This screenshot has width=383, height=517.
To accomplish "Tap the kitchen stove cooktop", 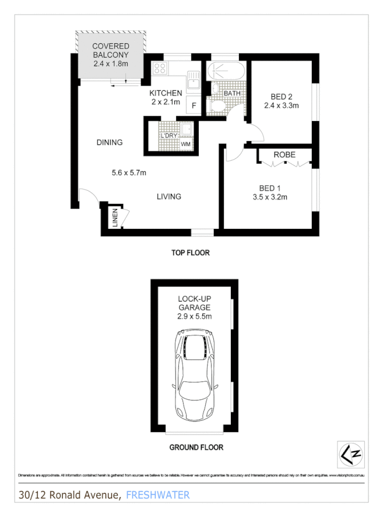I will (159, 69).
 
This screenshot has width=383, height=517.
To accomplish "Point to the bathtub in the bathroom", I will (223, 71).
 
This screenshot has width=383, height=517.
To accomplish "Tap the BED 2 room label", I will (281, 97).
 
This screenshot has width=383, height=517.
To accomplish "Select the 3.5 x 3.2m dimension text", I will (270, 197).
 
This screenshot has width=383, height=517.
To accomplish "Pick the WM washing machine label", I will (186, 144).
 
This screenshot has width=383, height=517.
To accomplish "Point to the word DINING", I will (110, 142).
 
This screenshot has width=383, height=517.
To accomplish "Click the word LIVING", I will (168, 196).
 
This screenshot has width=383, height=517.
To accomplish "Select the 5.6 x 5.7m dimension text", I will (129, 172).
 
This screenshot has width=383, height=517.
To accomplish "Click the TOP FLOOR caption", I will (190, 253).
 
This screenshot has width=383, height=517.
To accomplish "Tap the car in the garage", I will (195, 376).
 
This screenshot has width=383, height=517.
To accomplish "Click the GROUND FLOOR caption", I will (196, 448).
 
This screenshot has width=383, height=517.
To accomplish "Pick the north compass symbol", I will (348, 453).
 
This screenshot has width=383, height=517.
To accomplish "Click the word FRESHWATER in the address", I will (157, 495).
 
